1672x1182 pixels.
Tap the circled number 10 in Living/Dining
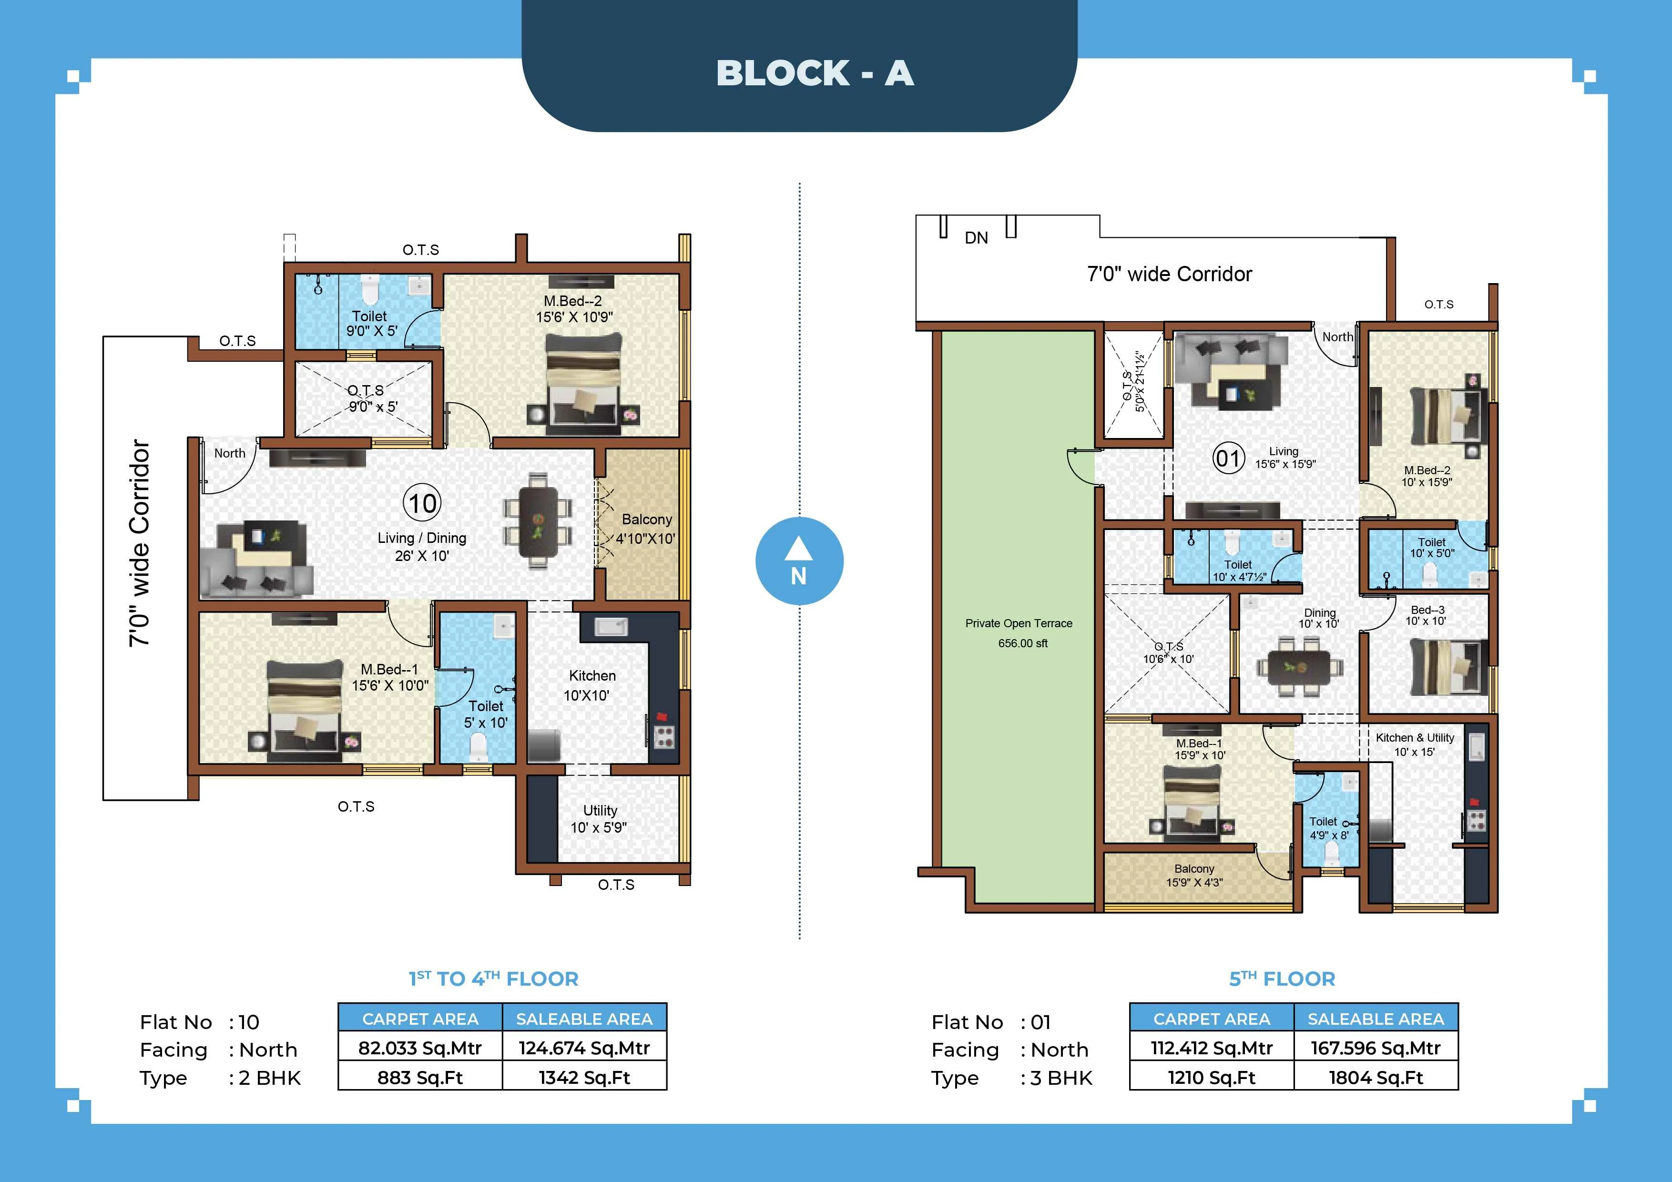pyautogui.click(x=422, y=504)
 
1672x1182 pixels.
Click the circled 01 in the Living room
pyautogui.click(x=1229, y=459)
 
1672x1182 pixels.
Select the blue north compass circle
pyautogui.click(x=799, y=561)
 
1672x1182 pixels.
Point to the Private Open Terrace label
pyautogui.click(x=1019, y=623)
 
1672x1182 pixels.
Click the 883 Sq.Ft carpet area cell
pyautogui.click(x=420, y=1077)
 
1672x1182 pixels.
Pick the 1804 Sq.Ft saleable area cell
pyautogui.click(x=1375, y=1077)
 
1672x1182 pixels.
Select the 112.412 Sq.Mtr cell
pyautogui.click(x=1211, y=1048)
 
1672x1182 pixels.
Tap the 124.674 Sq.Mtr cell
pyautogui.click(x=584, y=1048)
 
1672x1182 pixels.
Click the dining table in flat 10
pyautogui.click(x=538, y=521)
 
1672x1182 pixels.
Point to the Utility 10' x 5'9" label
pyautogui.click(x=599, y=819)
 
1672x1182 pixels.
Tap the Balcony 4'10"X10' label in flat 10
pyautogui.click(x=646, y=529)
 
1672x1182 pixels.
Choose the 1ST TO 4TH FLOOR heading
pyautogui.click(x=493, y=979)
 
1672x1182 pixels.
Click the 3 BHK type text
pyautogui.click(x=1056, y=1078)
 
